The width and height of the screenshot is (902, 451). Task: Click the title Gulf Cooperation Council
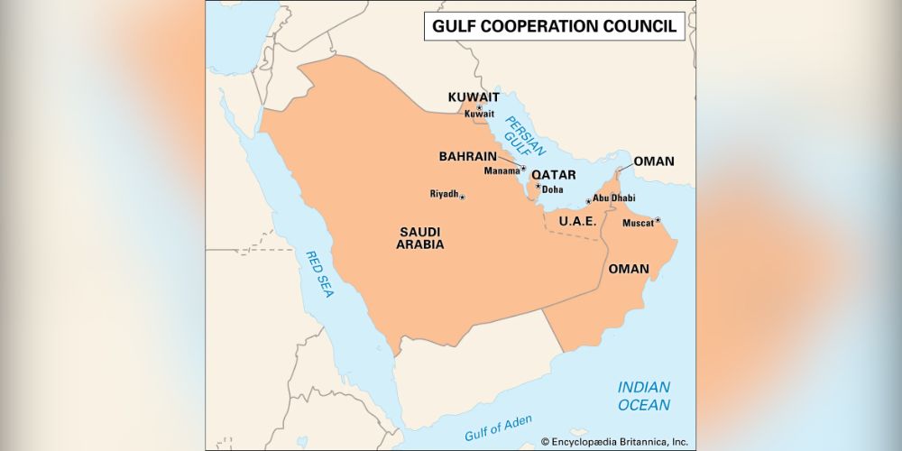pyautogui.click(x=554, y=26)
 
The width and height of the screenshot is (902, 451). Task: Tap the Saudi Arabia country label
pyautogui.click(x=420, y=238)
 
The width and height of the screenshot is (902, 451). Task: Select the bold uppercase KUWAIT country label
pyautogui.click(x=474, y=97)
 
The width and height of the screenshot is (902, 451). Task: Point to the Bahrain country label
pyautogui.click(x=468, y=156)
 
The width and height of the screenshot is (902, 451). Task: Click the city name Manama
pyautogui.click(x=502, y=170)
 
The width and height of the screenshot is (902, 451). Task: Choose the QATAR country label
pyautogui.click(x=553, y=175)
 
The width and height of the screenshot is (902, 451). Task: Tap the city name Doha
pyautogui.click(x=552, y=189)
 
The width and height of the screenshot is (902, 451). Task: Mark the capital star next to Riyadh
pyautogui.click(x=463, y=197)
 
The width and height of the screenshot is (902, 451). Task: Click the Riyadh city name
pyautogui.click(x=444, y=194)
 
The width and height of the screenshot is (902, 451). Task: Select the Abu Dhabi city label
pyautogui.click(x=613, y=198)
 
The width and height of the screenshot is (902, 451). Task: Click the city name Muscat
pyautogui.click(x=638, y=222)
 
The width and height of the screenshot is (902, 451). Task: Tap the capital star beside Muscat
pyautogui.click(x=658, y=219)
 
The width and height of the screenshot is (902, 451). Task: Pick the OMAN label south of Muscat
pyautogui.click(x=629, y=269)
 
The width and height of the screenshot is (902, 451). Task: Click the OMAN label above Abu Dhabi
pyautogui.click(x=654, y=161)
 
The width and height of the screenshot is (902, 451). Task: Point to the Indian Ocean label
pyautogui.click(x=643, y=396)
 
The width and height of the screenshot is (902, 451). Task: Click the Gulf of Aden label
pyautogui.click(x=498, y=428)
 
